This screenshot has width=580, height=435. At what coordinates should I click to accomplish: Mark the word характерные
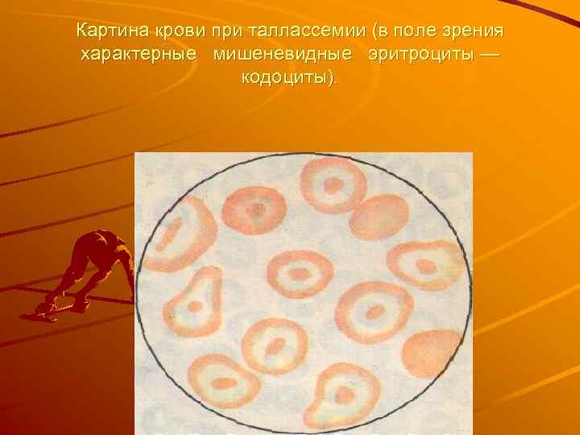pos(137,56)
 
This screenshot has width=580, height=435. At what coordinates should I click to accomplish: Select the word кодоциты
pos(286,79)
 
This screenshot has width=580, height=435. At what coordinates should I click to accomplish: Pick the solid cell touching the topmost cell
pos(379,217)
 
